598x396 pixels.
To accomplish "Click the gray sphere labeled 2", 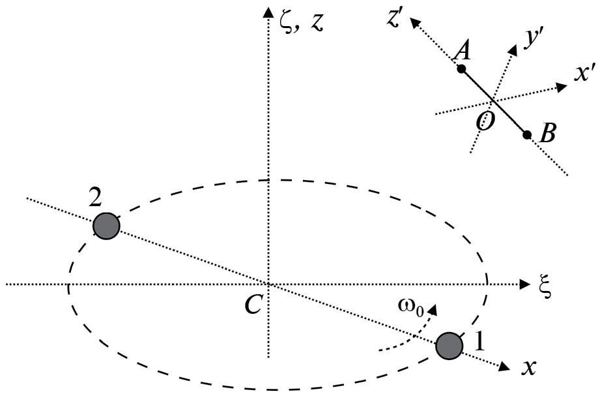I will coord(106,226).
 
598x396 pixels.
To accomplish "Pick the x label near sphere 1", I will coord(528,368).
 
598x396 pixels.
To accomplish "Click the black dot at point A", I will coord(461,69).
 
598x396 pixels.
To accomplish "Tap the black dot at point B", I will coord(526,134).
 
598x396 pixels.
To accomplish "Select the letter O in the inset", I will coord(484,120).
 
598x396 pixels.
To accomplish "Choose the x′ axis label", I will coord(582,74).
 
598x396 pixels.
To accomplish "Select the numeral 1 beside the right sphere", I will coord(478,341).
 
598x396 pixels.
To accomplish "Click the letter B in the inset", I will coord(548,135).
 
